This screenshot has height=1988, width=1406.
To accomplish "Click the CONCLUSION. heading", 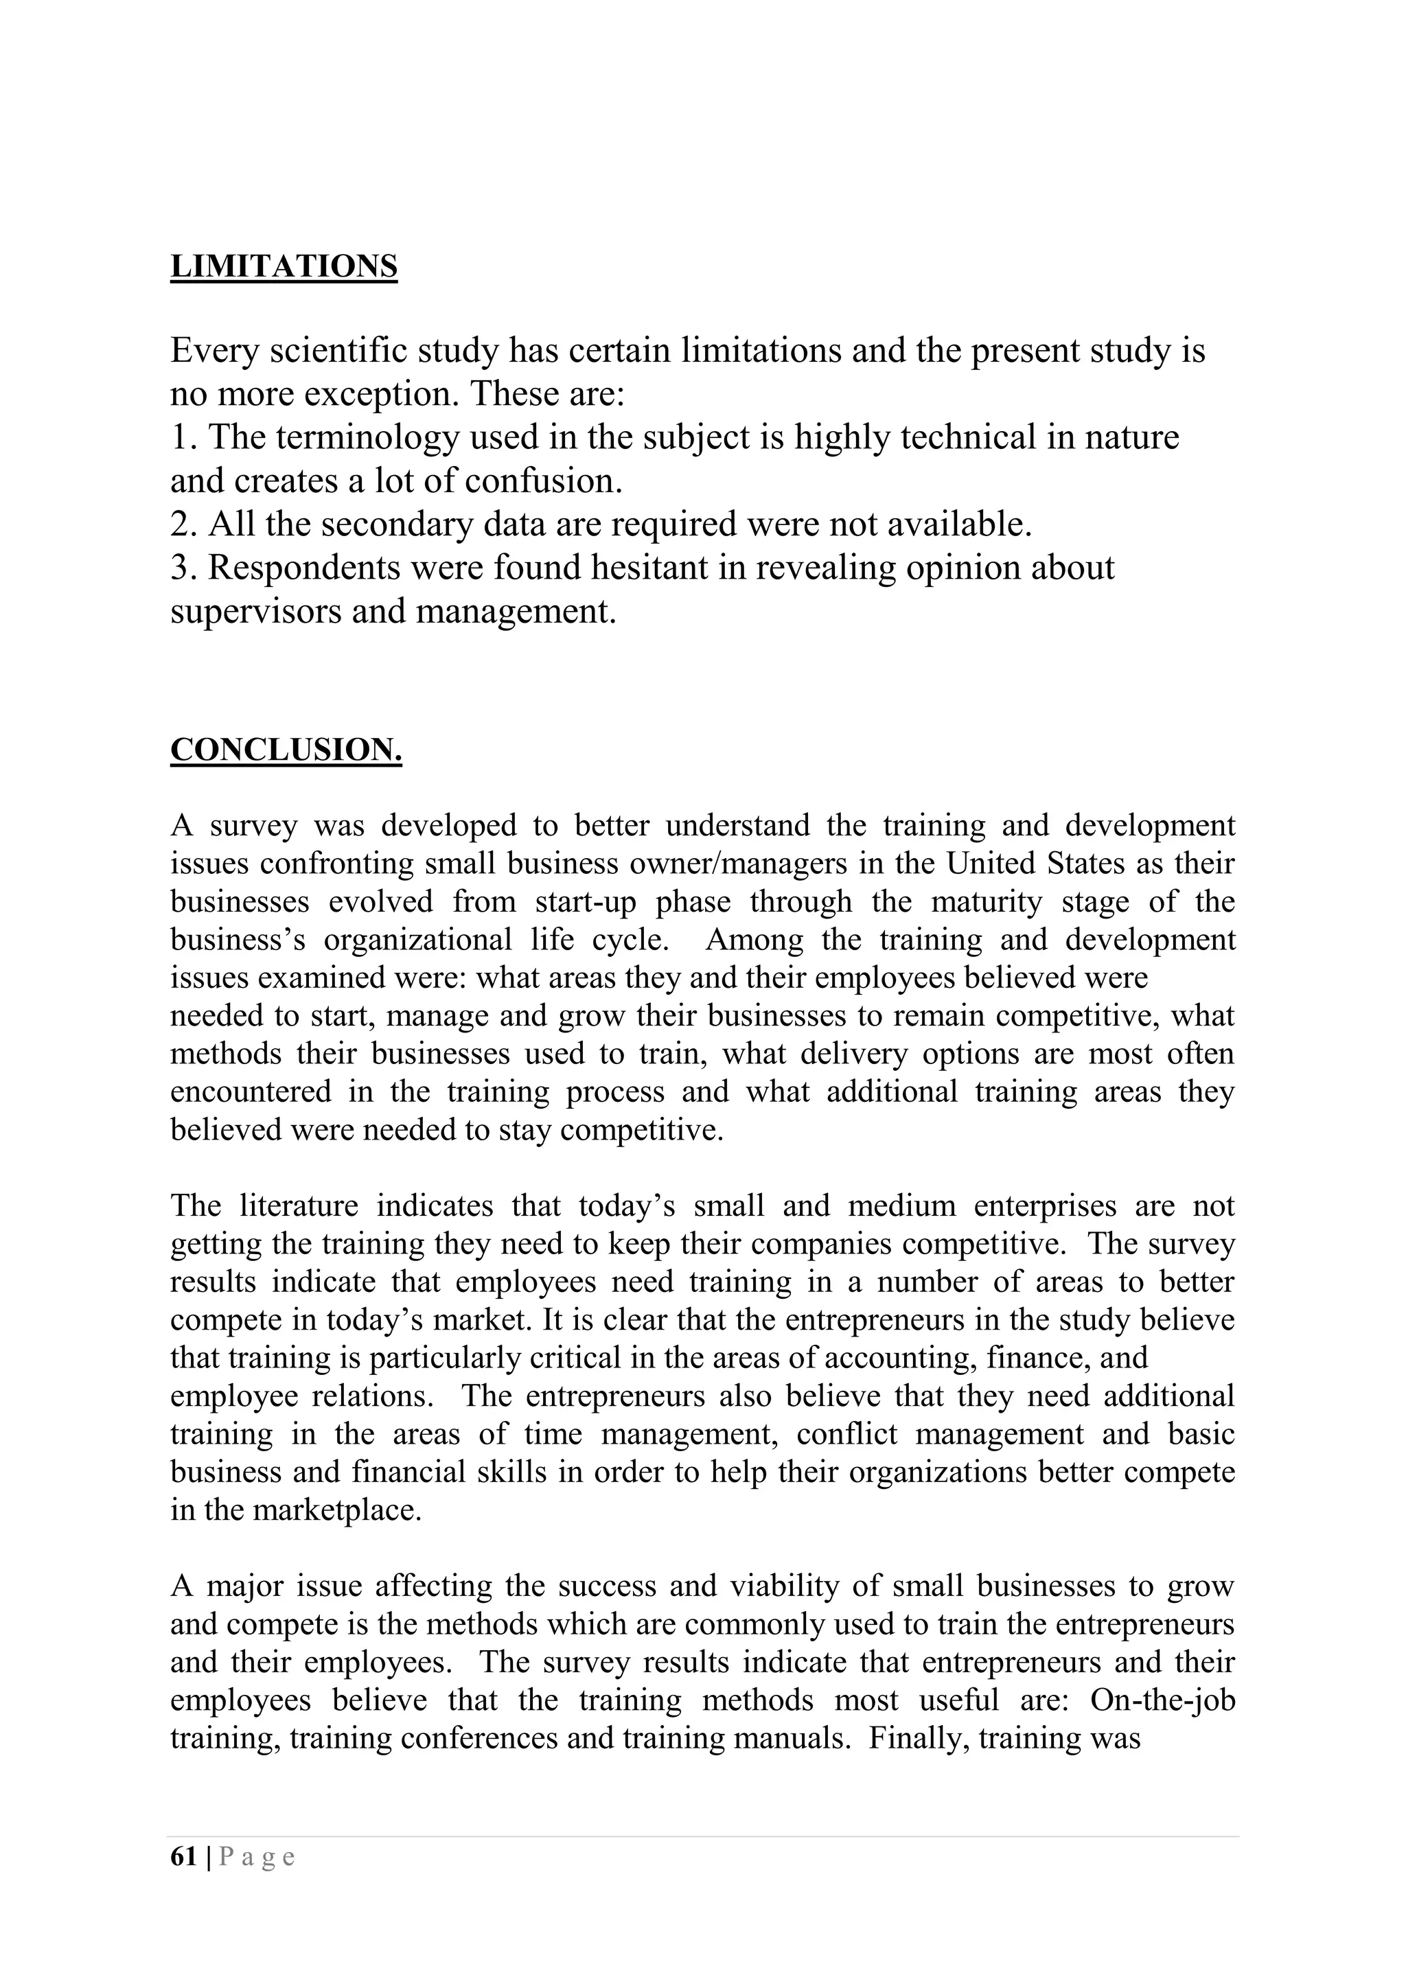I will click(286, 750).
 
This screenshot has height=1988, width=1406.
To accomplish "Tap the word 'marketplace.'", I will click(337, 1510).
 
